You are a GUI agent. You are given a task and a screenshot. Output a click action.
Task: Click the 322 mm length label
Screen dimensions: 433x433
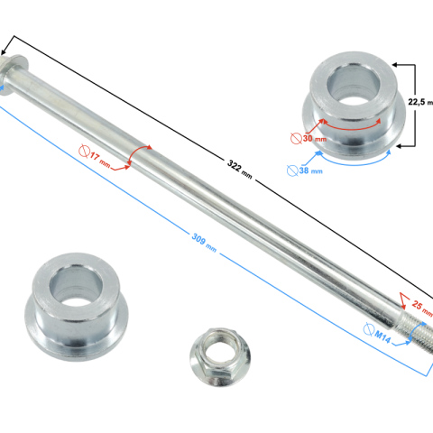(x=240, y=170)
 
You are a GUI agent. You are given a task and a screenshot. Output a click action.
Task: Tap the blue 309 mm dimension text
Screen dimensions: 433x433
(x=204, y=243)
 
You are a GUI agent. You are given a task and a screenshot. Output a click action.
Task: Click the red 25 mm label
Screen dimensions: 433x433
(x=422, y=308)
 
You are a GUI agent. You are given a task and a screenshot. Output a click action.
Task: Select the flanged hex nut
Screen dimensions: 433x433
(x=220, y=356)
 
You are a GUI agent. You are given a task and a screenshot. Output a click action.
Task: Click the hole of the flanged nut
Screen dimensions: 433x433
(x=218, y=352)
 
